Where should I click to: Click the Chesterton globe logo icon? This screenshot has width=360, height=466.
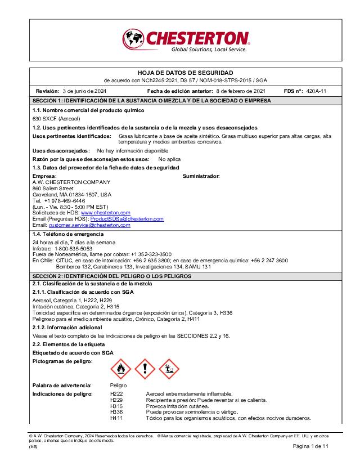133,40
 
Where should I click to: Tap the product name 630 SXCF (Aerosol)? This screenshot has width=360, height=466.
56,119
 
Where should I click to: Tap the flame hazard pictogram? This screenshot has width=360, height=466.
120,369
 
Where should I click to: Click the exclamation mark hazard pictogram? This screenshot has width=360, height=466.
145,369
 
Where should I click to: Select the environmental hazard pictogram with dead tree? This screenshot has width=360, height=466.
169,369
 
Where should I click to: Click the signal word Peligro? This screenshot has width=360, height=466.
119,386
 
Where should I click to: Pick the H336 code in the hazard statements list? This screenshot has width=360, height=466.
116,412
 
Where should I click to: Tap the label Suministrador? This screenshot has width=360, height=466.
201,176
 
